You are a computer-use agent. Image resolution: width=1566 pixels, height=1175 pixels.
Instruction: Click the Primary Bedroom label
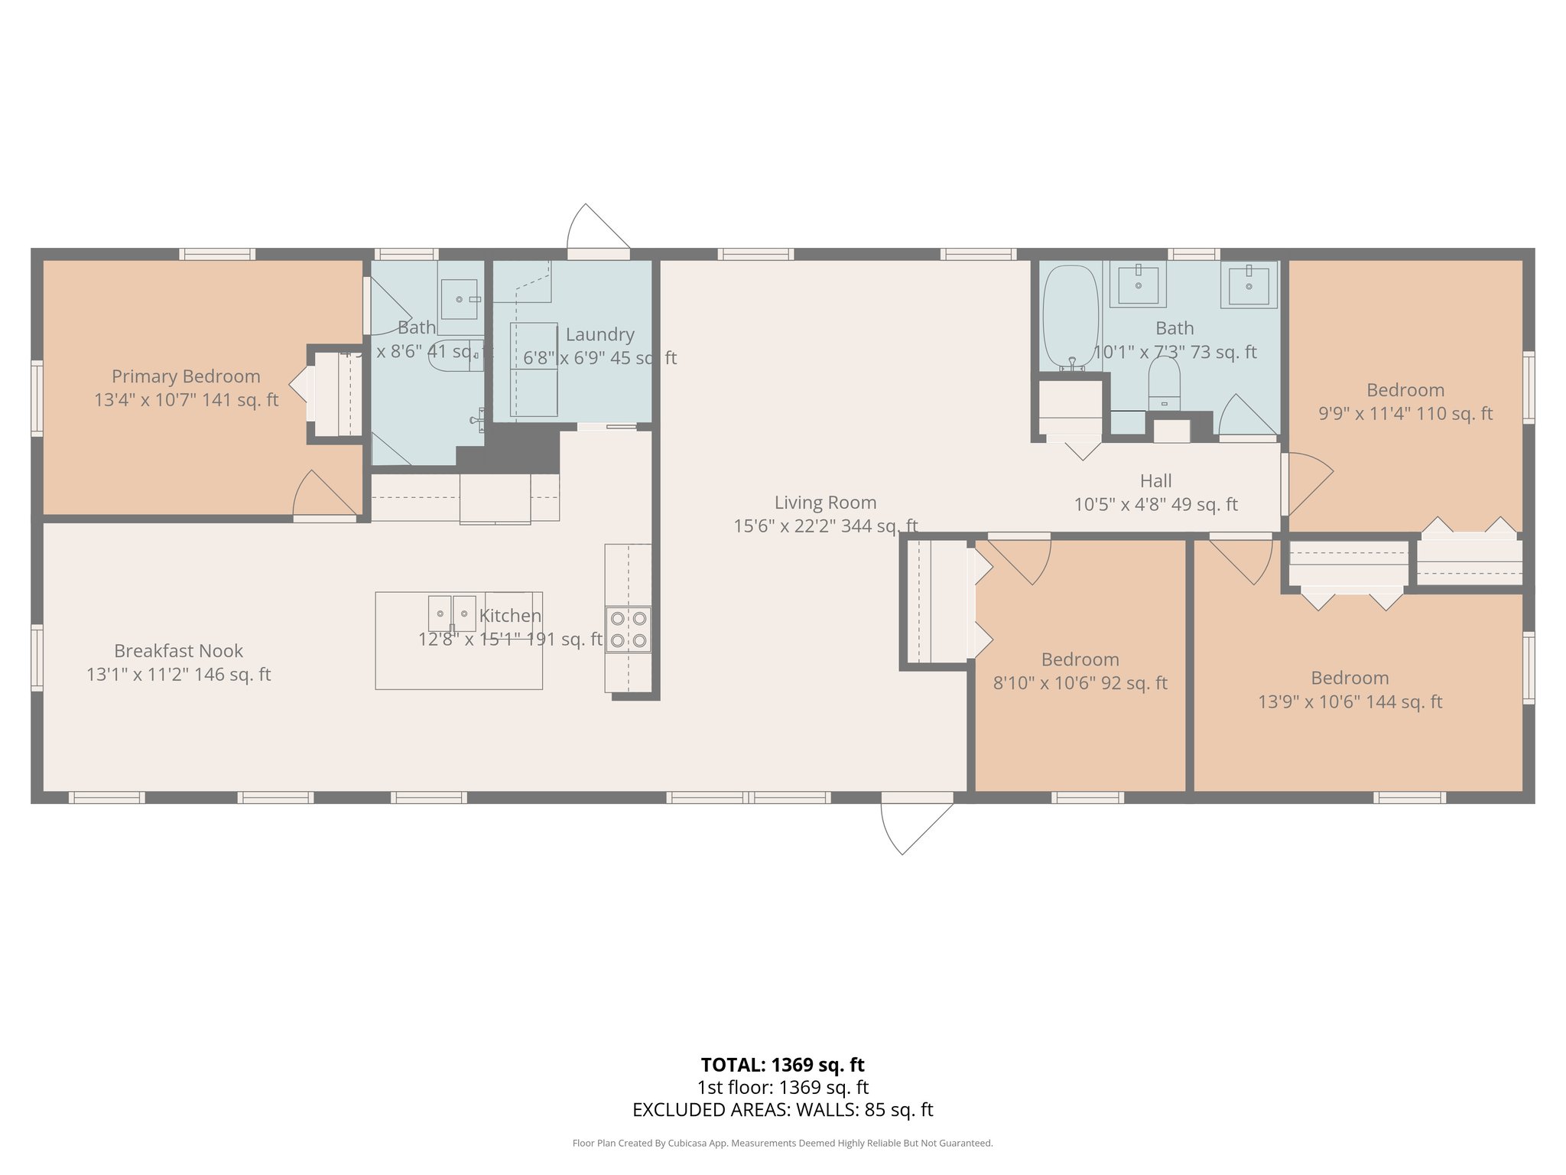click(x=186, y=376)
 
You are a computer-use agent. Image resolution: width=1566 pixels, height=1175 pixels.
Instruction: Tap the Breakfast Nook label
click(x=178, y=651)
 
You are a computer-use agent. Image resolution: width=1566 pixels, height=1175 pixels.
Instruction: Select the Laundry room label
click(x=599, y=334)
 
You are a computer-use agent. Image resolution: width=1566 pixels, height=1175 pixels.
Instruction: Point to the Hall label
click(x=1155, y=481)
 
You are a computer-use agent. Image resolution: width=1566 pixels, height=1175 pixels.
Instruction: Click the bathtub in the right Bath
click(x=1071, y=317)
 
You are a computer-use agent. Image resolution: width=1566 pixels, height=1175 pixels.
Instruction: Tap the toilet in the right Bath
click(x=1164, y=382)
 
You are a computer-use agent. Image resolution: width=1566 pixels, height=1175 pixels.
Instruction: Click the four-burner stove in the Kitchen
click(x=628, y=629)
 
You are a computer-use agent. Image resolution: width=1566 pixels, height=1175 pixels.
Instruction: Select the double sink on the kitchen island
click(x=452, y=614)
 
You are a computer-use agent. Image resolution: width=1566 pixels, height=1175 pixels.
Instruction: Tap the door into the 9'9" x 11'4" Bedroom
click(x=1309, y=482)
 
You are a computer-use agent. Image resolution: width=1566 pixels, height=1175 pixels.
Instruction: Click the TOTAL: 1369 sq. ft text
click(x=782, y=1065)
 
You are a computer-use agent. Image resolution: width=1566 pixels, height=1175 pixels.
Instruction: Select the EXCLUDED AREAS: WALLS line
click(x=782, y=1110)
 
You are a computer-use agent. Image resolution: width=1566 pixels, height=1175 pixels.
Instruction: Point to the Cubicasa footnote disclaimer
click(x=782, y=1144)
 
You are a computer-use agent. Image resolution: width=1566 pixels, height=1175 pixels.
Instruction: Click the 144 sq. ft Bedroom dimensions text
click(x=1350, y=702)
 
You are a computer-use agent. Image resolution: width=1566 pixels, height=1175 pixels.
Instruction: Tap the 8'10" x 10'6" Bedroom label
click(x=1080, y=659)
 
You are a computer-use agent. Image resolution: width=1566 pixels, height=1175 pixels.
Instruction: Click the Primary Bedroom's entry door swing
click(x=325, y=496)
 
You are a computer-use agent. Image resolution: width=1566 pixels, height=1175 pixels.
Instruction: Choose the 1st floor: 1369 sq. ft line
click(x=782, y=1088)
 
